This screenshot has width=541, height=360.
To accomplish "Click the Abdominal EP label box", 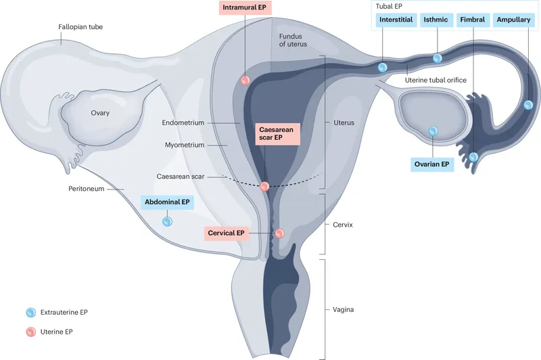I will pyautogui.click(x=167, y=202).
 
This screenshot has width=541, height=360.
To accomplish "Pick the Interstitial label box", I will pyautogui.click(x=396, y=20).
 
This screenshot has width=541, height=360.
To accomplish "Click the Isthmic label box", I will pyautogui.click(x=436, y=20).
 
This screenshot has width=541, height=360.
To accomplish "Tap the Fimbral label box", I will pyautogui.click(x=473, y=20).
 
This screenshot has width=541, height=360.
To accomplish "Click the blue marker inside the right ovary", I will pyautogui.click(x=433, y=131).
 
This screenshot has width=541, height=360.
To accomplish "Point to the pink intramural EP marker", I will pyautogui.click(x=245, y=81).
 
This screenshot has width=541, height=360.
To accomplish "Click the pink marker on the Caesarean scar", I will pyautogui.click(x=265, y=185).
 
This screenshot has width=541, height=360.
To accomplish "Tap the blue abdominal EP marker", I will pyautogui.click(x=167, y=221).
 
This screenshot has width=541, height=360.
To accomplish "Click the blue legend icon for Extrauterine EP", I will pyautogui.click(x=30, y=312).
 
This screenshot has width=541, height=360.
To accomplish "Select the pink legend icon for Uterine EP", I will pyautogui.click(x=30, y=332).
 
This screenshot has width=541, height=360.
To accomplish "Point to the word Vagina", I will pyautogui.click(x=344, y=310).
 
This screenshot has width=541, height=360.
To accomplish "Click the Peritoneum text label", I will pyautogui.click(x=86, y=189).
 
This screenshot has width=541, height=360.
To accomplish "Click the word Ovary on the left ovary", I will pyautogui.click(x=100, y=113).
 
